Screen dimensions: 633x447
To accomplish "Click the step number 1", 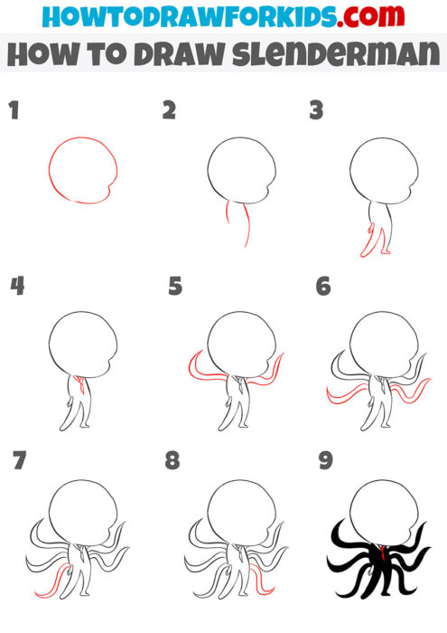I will [14, 111].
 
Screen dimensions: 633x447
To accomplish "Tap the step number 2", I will [169, 111].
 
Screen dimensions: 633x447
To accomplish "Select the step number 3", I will [316, 111].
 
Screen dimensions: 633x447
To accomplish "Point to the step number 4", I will [16, 287].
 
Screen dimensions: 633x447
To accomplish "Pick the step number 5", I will [175, 287].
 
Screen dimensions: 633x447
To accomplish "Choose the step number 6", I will [323, 287].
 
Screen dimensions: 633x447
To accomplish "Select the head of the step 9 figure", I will [383, 511].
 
